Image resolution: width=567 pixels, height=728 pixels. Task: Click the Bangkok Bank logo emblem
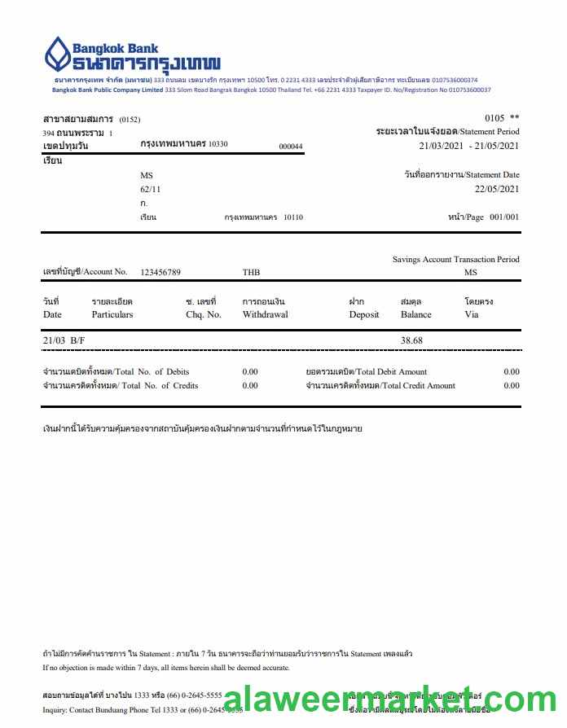tap(56, 55)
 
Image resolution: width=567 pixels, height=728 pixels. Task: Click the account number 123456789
tap(160, 272)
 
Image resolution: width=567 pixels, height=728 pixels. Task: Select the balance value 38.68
tap(411, 340)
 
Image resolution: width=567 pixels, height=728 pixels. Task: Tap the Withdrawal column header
tap(265, 314)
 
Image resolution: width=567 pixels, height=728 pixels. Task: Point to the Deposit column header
tap(364, 314)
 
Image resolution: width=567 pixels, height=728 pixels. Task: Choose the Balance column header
tap(416, 314)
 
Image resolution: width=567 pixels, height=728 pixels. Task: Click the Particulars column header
tap(112, 314)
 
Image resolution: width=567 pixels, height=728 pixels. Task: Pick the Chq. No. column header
tap(204, 314)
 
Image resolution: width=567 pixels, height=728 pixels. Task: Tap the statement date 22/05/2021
tap(497, 189)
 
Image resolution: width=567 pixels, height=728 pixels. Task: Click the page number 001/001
tap(504, 217)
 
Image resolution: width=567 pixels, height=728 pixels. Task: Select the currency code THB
tap(251, 272)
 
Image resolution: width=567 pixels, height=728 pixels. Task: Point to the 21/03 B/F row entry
tap(64, 340)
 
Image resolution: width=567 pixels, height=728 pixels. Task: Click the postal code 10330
tap(218, 144)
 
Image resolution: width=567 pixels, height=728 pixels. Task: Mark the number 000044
tap(291, 147)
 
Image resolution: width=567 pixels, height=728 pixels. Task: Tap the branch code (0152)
tap(130, 120)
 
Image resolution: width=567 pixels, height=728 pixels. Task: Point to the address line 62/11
tap(151, 189)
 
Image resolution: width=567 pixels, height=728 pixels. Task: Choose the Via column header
tap(472, 314)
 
